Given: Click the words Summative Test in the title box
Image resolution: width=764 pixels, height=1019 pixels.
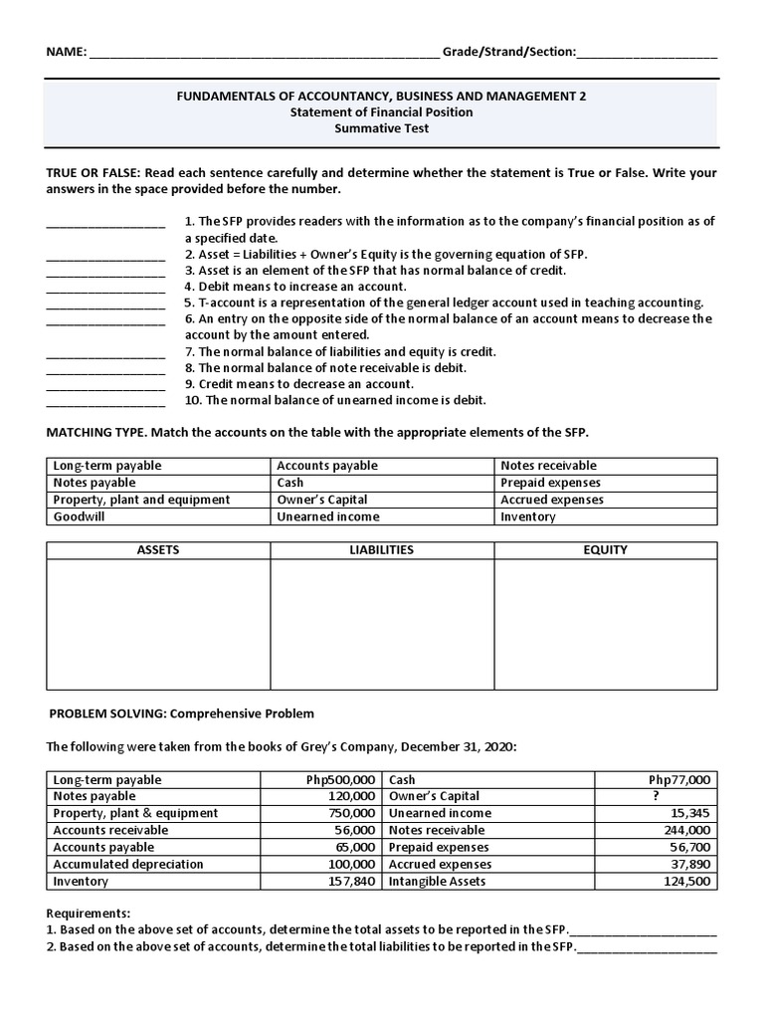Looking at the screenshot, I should pyautogui.click(x=381, y=128).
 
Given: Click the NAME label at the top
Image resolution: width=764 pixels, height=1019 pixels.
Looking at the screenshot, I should pyautogui.click(x=67, y=51).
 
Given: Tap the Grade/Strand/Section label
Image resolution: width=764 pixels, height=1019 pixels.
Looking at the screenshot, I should pyautogui.click(x=508, y=51).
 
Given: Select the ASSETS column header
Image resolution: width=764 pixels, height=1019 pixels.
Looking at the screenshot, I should pyautogui.click(x=158, y=549).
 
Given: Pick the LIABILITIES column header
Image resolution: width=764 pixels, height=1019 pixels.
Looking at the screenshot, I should pyautogui.click(x=381, y=549).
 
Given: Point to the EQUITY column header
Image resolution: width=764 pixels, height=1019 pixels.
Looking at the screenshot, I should pyautogui.click(x=605, y=549).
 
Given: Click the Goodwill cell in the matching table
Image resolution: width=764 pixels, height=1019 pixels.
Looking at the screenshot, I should pyautogui.click(x=80, y=516).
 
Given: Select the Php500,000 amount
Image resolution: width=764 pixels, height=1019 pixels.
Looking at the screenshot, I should pyautogui.click(x=341, y=780).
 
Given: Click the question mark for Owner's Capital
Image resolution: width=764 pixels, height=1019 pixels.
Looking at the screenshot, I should pyautogui.click(x=655, y=796).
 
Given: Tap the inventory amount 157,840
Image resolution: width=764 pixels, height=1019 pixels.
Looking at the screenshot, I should pyautogui.click(x=351, y=882).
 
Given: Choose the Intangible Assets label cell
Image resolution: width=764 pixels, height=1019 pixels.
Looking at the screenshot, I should pyautogui.click(x=437, y=882).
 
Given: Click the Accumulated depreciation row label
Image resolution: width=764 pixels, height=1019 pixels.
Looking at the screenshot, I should pyautogui.click(x=128, y=864).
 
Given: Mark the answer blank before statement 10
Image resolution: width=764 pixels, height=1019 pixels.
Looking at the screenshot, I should pyautogui.click(x=105, y=402).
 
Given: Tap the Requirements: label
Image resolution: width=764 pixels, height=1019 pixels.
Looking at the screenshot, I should pyautogui.click(x=89, y=913).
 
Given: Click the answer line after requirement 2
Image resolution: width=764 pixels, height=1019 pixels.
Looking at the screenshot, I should pyautogui.click(x=647, y=948).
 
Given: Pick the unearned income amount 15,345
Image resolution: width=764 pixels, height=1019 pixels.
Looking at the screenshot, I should pyautogui.click(x=688, y=813).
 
